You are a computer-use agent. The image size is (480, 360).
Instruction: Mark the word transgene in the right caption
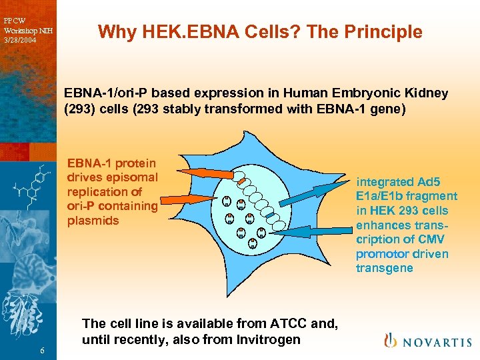click(x=385, y=269)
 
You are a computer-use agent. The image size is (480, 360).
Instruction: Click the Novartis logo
click(x=427, y=341)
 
